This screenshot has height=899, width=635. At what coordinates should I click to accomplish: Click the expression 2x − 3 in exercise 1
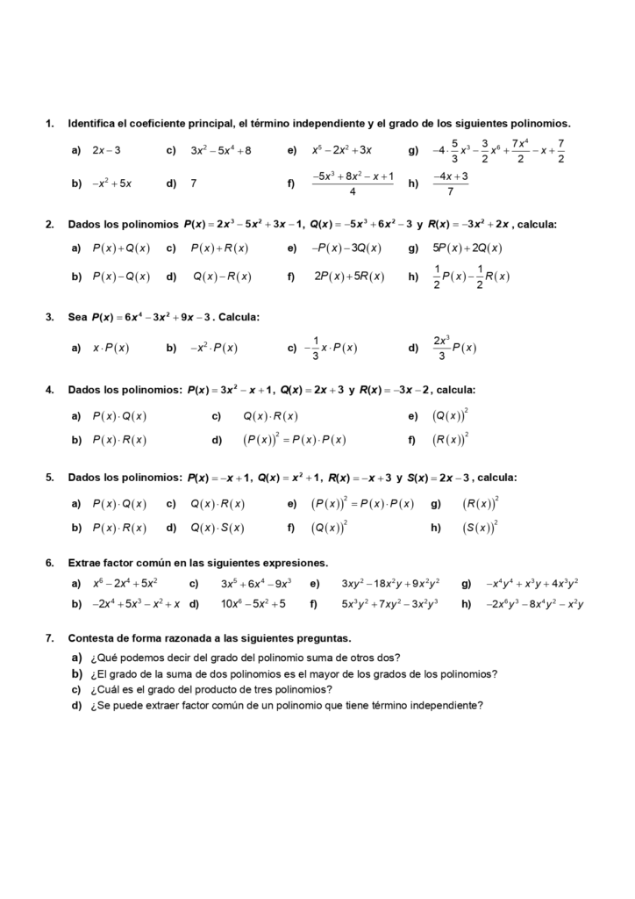(x=106, y=150)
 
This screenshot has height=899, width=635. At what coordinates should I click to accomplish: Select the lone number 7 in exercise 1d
(x=193, y=183)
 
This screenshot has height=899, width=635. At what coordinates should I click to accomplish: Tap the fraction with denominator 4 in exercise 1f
(x=353, y=183)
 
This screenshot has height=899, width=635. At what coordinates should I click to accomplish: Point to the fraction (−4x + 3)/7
(x=451, y=183)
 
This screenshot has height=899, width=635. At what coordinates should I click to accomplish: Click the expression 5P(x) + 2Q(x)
(x=467, y=248)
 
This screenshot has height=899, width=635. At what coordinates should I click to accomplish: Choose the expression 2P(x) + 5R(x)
(x=348, y=277)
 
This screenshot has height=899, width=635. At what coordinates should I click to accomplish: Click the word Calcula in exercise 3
(x=238, y=317)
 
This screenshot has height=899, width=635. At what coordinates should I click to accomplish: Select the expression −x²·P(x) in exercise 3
(x=213, y=348)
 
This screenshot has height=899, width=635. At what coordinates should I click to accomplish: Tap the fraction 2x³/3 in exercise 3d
(x=441, y=348)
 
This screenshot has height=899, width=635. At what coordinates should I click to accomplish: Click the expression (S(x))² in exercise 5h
(x=480, y=528)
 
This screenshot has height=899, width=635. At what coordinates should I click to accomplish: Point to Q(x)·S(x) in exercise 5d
(x=218, y=528)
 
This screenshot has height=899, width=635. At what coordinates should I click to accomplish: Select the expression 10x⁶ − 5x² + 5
(x=253, y=604)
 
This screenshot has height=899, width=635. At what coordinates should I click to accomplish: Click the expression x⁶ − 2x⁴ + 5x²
(x=125, y=583)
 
